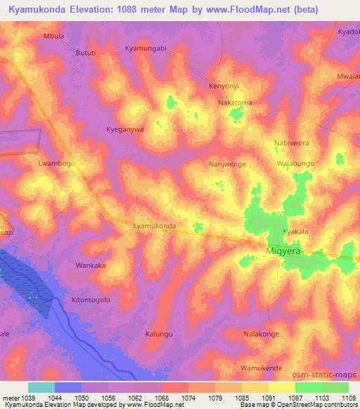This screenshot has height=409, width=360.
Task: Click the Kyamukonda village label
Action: pos(154,226)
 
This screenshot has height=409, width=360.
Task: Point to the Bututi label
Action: pos(86,53)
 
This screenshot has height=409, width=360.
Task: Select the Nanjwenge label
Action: pos(226,164)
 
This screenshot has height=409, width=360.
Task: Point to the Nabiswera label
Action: pos(291,143)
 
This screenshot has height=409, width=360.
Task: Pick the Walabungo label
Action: pos(295,163)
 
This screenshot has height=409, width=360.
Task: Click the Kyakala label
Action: pos(295,231)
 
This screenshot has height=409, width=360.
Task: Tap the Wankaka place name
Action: pos(91,266)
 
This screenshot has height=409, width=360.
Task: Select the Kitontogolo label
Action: pos(91,299)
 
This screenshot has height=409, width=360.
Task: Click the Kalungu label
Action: pos(158,334)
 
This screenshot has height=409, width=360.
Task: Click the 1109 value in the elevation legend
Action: pos(349,398)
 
